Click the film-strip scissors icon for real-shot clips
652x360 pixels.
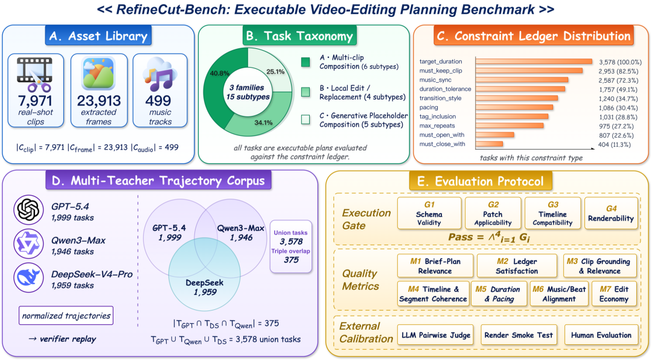[35, 74]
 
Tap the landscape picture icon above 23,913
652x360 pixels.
[98, 73]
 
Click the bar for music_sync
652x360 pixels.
[522, 80]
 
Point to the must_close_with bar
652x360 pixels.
[489, 144]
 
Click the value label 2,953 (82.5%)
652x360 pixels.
[618, 71]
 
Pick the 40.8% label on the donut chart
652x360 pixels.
[220, 73]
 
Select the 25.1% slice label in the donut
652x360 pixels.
[275, 72]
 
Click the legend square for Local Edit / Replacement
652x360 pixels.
[305, 92]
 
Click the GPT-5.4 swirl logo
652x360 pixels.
[28, 210]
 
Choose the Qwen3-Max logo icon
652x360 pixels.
[28, 243]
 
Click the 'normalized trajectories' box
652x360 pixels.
[66, 316]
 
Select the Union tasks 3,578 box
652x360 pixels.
[290, 246]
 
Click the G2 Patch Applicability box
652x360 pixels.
[493, 213]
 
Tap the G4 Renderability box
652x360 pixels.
[611, 213]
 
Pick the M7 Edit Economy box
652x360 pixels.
[614, 294]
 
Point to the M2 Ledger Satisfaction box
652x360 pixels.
[517, 266]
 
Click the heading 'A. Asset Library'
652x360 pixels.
[98, 36]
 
